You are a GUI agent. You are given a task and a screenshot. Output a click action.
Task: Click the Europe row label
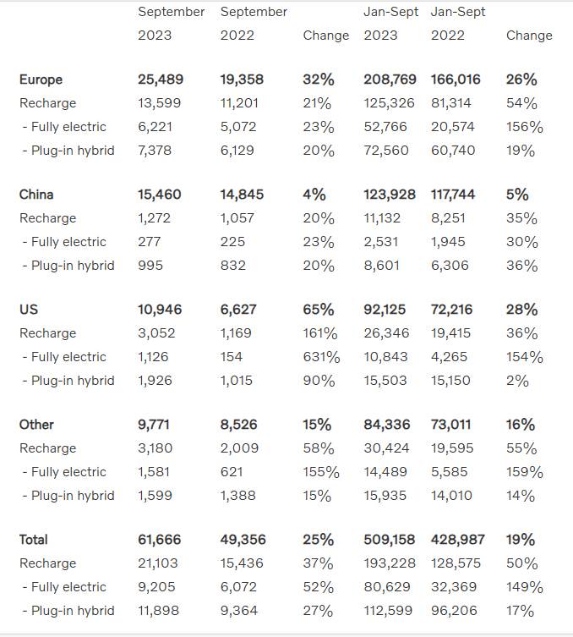pos(41,80)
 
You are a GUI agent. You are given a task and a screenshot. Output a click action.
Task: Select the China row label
pos(36,195)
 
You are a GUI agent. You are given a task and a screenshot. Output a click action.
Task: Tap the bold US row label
pos(28,310)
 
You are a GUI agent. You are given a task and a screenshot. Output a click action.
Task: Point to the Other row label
pos(36,425)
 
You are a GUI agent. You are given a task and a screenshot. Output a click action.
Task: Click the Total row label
pos(34,540)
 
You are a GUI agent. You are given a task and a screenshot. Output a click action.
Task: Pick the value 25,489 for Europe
pos(161,80)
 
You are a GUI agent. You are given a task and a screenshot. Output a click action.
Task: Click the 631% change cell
pos(321,357)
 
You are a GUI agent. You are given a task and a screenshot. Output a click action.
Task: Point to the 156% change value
pos(525,127)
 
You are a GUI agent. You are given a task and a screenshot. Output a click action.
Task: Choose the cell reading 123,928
pos(390,195)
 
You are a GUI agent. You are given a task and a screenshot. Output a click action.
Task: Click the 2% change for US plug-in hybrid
pos(517,381)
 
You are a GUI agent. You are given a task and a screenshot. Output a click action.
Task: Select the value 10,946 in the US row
pos(160,310)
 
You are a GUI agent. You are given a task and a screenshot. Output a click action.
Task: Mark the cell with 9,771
pos(156,425)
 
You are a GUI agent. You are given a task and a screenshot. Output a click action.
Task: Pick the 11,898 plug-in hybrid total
pos(159,611)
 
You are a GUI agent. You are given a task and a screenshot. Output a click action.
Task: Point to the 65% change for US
pos(318,310)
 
